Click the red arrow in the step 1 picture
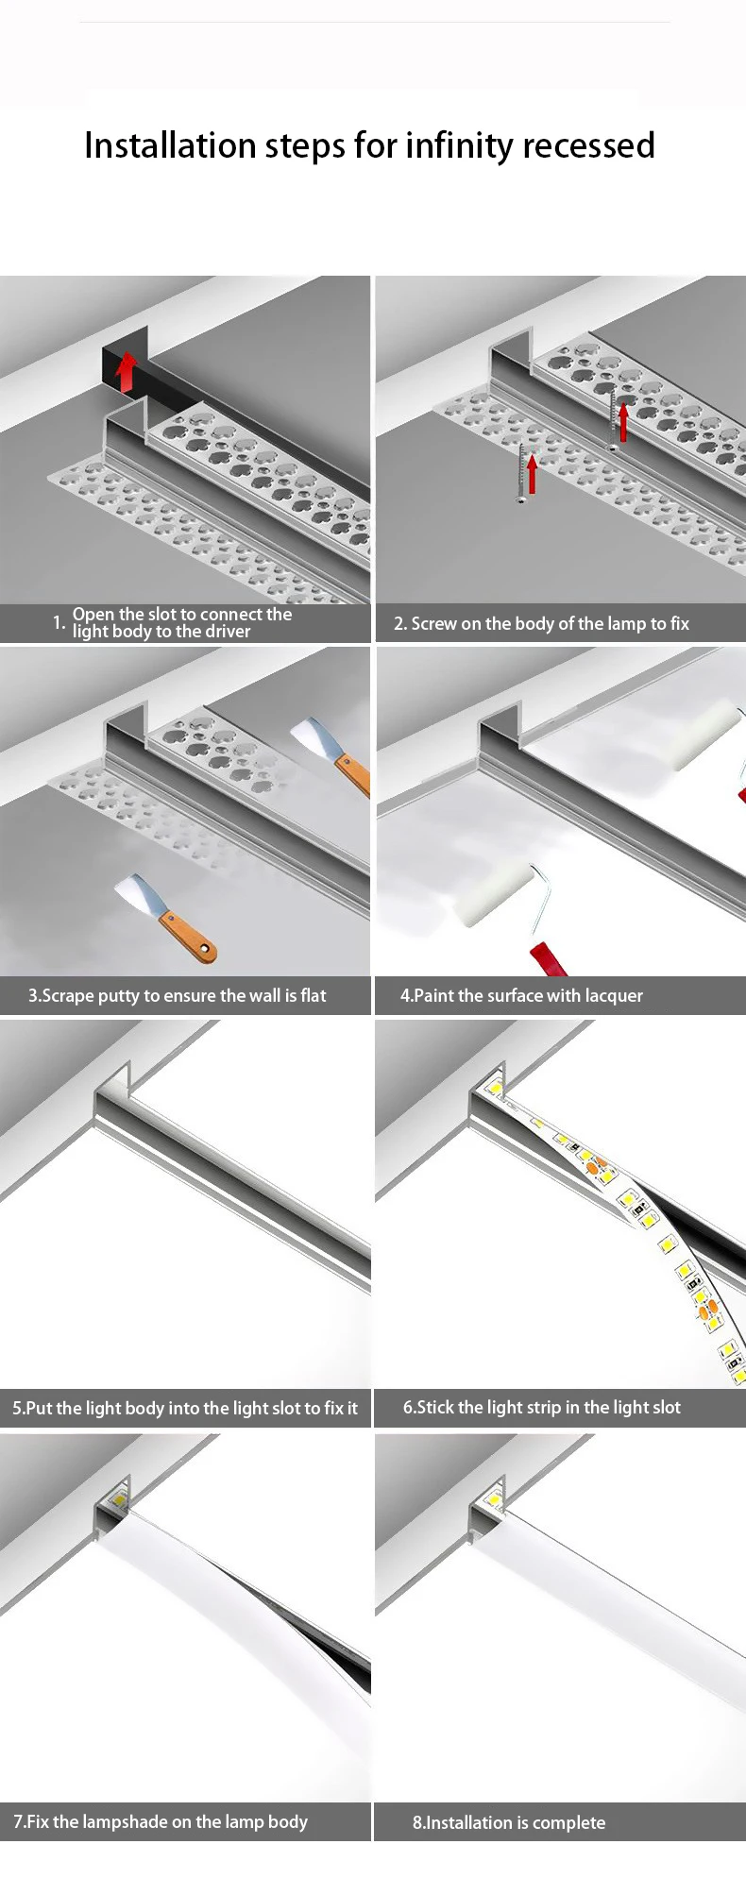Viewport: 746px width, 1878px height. [x=125, y=372]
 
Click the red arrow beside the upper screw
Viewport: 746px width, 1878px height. [x=623, y=422]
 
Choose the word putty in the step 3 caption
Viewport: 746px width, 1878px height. [x=118, y=996]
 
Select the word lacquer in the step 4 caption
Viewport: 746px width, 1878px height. [x=614, y=996]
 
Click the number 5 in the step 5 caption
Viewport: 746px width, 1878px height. [x=17, y=1409]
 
